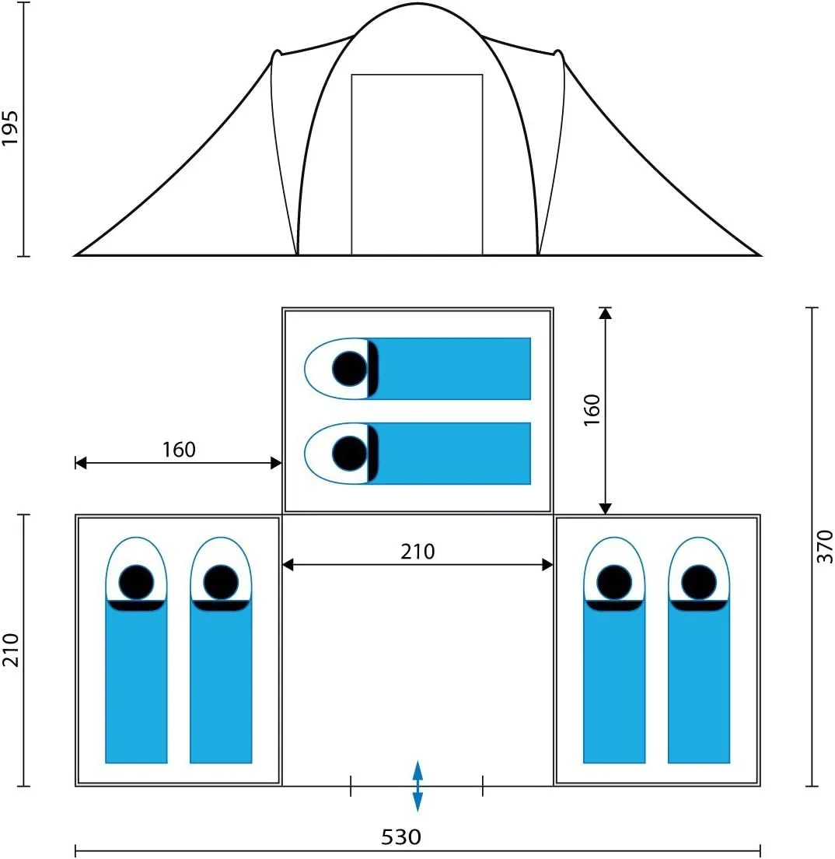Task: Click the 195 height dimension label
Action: coord(10,128)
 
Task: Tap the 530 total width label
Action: coord(401,837)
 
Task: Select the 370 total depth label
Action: coord(824,547)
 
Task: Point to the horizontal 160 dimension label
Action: coord(179,450)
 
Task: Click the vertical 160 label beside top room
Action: coord(592,410)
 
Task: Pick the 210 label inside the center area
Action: coord(417,552)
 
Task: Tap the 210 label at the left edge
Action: coord(10,650)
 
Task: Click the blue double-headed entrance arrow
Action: coord(417,786)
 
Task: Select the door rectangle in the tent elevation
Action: coord(417,164)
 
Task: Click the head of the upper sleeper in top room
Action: coord(349,369)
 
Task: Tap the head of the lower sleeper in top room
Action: coord(349,454)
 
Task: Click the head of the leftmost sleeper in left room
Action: coord(136,582)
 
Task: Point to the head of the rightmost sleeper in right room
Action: coord(699,582)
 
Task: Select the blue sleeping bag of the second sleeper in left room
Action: coord(221,682)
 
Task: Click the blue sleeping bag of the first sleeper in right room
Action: coord(613,682)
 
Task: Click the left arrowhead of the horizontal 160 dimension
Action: coord(81,463)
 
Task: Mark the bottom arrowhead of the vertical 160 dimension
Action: coord(605,508)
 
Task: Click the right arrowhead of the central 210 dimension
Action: coord(547,565)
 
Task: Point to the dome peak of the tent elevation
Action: coord(417,5)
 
